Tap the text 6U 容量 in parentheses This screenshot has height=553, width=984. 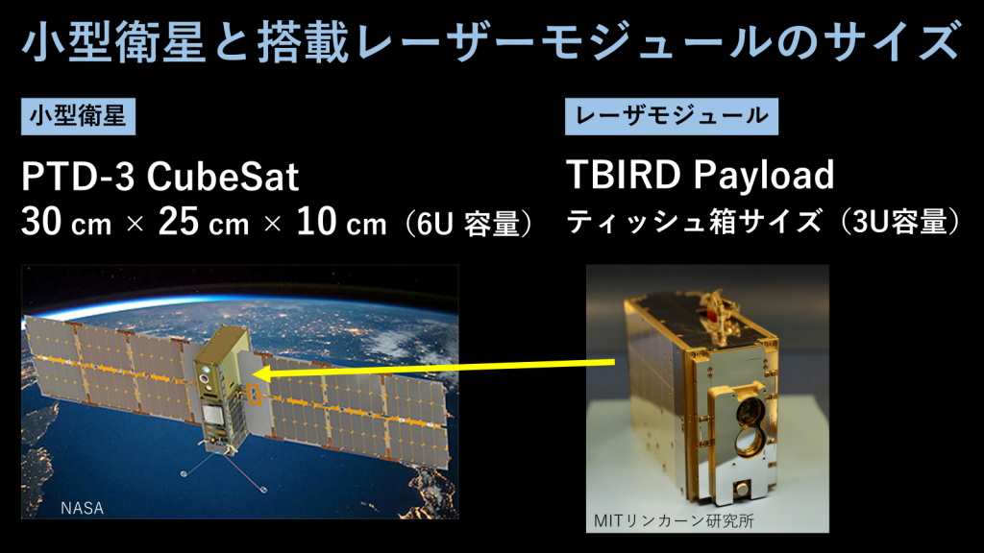(464, 225)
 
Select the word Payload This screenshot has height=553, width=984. (764, 176)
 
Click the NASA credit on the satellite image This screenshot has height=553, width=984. (82, 506)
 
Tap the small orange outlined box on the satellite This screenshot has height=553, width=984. (252, 395)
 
